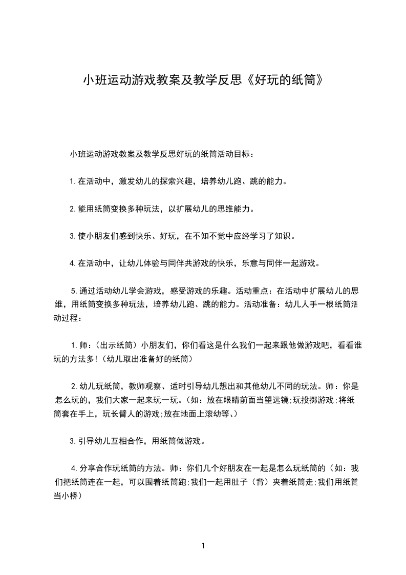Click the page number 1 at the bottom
[203, 546]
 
